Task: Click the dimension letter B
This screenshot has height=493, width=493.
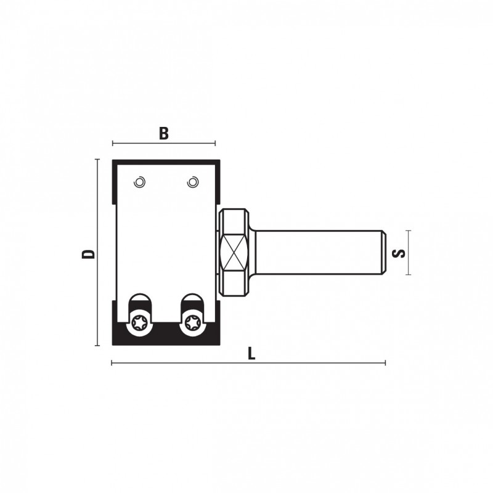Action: coord(163,133)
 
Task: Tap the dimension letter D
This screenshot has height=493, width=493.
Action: coord(88,254)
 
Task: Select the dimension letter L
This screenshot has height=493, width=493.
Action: coord(251,353)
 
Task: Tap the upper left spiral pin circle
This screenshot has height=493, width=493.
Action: coord(139,182)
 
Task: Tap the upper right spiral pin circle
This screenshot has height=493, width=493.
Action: coord(192,182)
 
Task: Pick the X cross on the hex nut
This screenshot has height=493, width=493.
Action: coord(233,252)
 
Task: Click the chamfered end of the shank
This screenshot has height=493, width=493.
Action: coord(384,253)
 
